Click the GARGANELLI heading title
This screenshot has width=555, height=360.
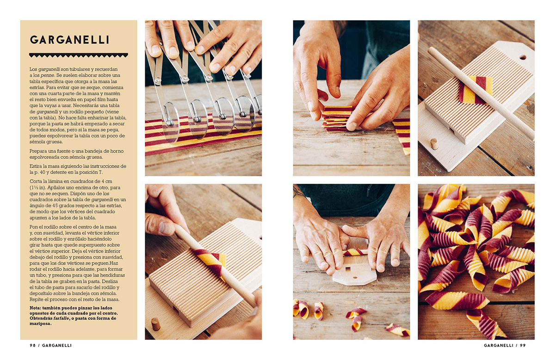pyautogui.click(x=69, y=40)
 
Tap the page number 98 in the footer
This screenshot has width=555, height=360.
pyautogui.click(x=33, y=345)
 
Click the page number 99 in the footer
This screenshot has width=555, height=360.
pyautogui.click(x=523, y=345)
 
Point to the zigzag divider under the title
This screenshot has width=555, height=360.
pyautogui.click(x=79, y=55)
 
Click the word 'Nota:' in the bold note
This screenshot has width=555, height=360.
pyautogui.click(x=35, y=308)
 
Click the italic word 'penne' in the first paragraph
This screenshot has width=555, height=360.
pyautogui.click(x=47, y=75)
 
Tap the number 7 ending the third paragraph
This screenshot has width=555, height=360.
pyautogui.click(x=101, y=172)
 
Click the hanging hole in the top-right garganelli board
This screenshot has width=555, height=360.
pyautogui.click(x=523, y=57)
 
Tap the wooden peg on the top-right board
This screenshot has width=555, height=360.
pyautogui.click(x=434, y=144)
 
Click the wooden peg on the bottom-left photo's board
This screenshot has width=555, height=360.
pyautogui.click(x=156, y=324)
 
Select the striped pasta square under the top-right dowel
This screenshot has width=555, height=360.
pyautogui.click(x=475, y=90)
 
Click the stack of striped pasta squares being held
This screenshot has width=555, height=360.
pyautogui.click(x=337, y=119)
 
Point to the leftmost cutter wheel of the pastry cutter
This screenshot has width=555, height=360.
pyautogui.click(x=171, y=122)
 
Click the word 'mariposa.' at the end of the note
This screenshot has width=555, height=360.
pyautogui.click(x=40, y=323)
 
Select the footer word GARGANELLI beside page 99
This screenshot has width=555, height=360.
pyautogui.click(x=499, y=345)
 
